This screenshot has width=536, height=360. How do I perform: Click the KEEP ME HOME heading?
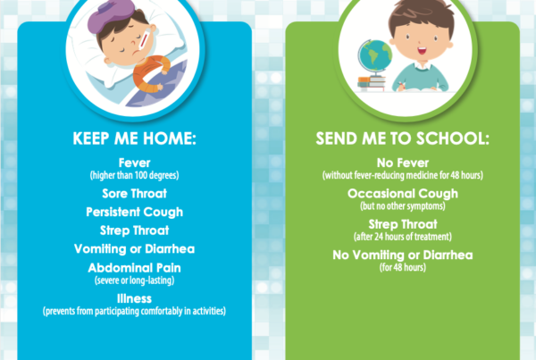pos(134,138)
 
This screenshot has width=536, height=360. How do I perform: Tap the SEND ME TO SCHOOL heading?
pos(402,138)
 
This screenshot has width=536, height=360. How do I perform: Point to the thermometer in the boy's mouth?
pos(143,42)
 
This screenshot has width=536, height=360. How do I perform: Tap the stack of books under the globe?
pos(372,84)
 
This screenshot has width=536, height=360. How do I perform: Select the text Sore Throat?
pos(134,194)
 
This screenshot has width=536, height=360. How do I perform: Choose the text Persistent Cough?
pos(134,212)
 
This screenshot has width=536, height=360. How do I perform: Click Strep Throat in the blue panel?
pos(134,230)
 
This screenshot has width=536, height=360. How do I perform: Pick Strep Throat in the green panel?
pos(403,224)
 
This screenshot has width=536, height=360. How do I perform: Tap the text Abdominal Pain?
pos(134,268)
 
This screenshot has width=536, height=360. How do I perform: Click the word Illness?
pos(134,298)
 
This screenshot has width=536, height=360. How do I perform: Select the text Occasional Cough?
pos(403,194)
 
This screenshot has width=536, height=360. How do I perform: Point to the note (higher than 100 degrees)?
pos(134,175)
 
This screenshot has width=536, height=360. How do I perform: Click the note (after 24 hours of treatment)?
pos(403,237)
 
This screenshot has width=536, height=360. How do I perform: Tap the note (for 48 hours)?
pos(403,267)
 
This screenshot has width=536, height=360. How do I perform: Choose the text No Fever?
pos(403,163)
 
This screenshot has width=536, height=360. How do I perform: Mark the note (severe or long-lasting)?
pos(134,280)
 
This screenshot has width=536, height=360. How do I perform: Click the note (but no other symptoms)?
pos(403,206)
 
